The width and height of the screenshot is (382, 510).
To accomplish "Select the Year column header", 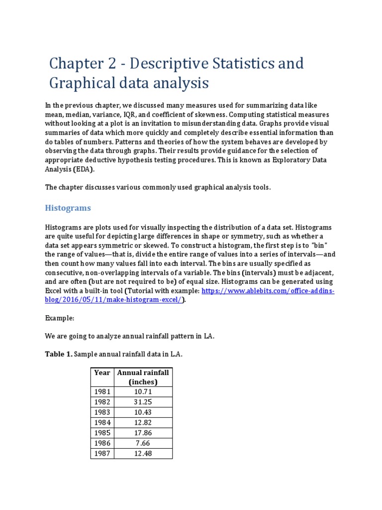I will tap(101, 373).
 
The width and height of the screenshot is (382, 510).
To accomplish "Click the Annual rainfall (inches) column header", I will tap(142, 377).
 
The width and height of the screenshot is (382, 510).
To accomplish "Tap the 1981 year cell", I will tap(101, 391).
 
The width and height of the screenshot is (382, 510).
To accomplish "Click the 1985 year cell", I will tap(101, 433).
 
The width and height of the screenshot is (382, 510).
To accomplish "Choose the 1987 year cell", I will tap(101, 453).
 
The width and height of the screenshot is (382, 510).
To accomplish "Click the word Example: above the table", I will tap(60, 318).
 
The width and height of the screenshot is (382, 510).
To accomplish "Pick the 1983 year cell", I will tap(101, 412).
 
